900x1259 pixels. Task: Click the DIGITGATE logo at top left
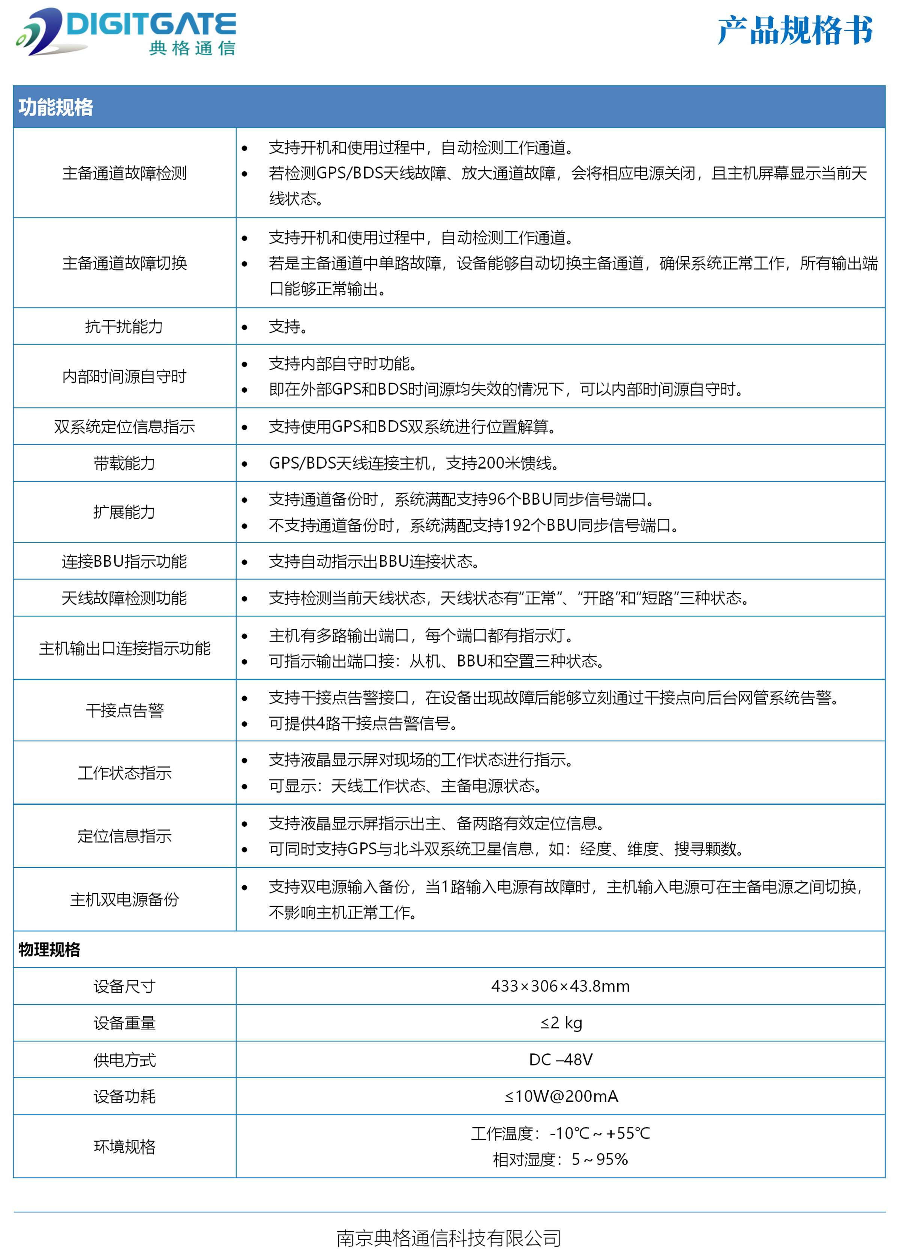(126, 32)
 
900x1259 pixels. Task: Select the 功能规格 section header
(55, 107)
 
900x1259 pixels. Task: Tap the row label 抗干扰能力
(124, 326)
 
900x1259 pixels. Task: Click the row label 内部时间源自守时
(124, 376)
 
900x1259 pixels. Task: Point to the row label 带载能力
(124, 463)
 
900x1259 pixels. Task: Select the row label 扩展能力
(124, 512)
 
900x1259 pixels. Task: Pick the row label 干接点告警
(124, 710)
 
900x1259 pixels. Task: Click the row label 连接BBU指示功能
(124, 562)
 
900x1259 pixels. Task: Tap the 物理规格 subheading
(49, 950)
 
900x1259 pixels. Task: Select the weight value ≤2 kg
(560, 1023)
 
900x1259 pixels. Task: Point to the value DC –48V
(560, 1059)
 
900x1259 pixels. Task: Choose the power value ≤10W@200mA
(560, 1096)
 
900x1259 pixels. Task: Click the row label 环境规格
(124, 1146)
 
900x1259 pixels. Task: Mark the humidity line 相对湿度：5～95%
(560, 1159)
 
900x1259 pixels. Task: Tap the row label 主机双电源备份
(124, 899)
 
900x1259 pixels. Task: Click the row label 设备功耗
(124, 1096)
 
